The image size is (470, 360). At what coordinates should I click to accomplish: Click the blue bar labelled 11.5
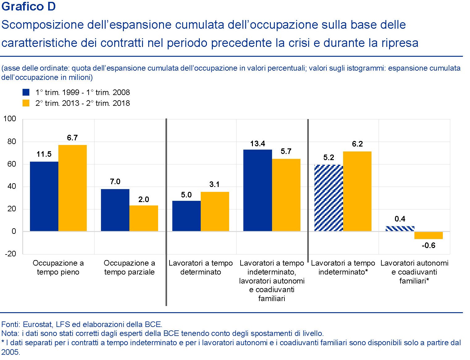(44, 196)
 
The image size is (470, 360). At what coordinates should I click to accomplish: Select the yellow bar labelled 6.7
(73, 188)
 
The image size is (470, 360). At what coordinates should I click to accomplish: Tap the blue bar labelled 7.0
(115, 210)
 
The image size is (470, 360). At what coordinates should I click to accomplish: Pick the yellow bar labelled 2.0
(144, 218)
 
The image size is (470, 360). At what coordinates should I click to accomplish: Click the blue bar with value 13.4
(258, 190)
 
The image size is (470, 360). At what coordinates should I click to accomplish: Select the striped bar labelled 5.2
(329, 198)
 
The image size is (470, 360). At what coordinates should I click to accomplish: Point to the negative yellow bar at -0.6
(428, 235)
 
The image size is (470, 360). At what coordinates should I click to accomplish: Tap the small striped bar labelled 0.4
(400, 229)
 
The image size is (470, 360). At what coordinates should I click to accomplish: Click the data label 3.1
(214, 184)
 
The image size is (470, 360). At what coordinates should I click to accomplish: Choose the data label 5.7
(286, 151)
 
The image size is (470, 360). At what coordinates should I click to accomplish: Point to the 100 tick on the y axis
(10, 119)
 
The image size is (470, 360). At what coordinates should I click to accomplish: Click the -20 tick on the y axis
(10, 254)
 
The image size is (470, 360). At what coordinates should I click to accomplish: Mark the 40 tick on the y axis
(11, 186)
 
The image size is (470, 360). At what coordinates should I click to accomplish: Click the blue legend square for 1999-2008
(26, 92)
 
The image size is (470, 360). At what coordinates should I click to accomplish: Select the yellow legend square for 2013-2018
(26, 103)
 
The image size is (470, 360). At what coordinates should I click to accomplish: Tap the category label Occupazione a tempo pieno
(58, 267)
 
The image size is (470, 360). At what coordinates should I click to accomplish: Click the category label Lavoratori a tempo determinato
(200, 267)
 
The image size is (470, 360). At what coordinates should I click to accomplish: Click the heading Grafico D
(28, 7)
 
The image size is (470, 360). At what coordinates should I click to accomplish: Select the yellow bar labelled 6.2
(357, 191)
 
